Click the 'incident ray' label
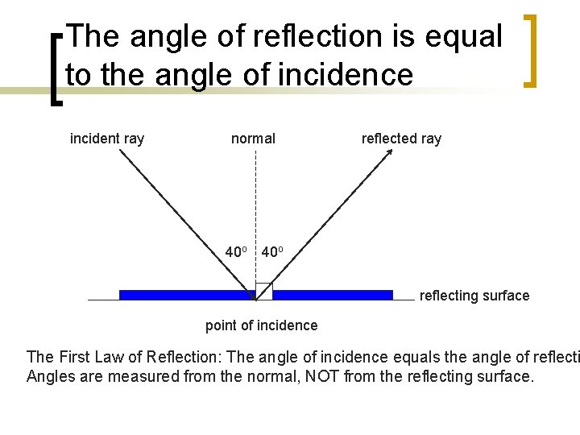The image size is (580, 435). coord(107,139)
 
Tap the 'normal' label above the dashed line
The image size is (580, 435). coord(253,139)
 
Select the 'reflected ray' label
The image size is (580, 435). coord(401,139)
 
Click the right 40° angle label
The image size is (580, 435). coord(271,252)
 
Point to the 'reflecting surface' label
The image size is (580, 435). coord(474,296)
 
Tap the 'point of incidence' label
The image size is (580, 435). coord(261,325)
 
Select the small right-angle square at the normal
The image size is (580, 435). coord(264,292)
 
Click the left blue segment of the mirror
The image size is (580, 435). coord(185,295)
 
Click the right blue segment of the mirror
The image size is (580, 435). coord(333,295)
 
